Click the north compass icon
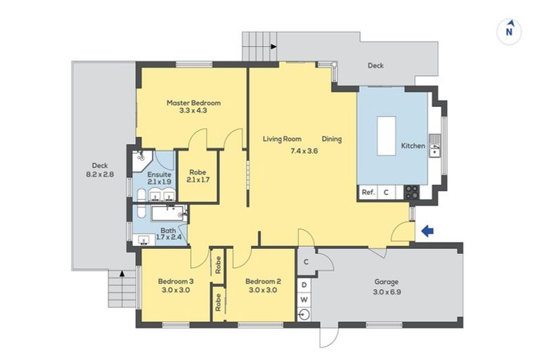(x=510, y=32)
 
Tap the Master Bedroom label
(x=193, y=103)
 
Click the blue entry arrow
(x=427, y=231)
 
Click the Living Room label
(x=282, y=139)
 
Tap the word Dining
(x=332, y=139)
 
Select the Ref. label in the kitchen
(x=367, y=192)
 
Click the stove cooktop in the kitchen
(x=411, y=191)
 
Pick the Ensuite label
(x=158, y=174)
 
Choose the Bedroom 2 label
(x=263, y=281)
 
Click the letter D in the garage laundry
(x=304, y=285)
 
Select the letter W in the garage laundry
(x=304, y=300)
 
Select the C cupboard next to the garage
(x=306, y=262)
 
